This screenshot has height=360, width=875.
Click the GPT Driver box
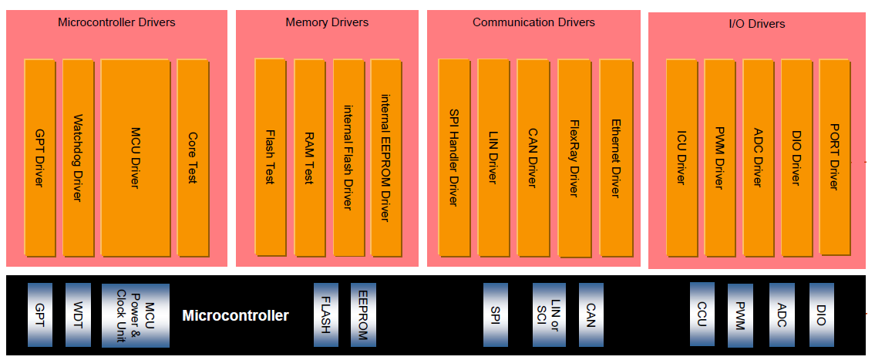[39, 158]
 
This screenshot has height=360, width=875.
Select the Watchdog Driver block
[77, 158]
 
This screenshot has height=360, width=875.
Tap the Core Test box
[193, 158]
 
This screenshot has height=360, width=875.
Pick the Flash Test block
[270, 158]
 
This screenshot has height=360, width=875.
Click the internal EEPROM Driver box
[385, 158]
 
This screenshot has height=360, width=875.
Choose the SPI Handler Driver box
[454, 158]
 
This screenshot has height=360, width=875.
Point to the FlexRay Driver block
[574, 158]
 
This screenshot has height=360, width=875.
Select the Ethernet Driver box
[615, 158]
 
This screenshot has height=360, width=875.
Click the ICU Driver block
[681, 158]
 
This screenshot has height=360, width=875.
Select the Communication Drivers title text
[533, 22]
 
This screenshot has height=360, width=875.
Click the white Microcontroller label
[235, 316]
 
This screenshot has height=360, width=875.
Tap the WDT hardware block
[78, 315]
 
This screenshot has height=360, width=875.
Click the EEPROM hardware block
[363, 315]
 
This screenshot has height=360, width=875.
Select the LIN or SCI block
[549, 315]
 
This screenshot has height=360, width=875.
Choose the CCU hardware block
[702, 314]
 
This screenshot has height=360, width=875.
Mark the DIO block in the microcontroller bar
[821, 315]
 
